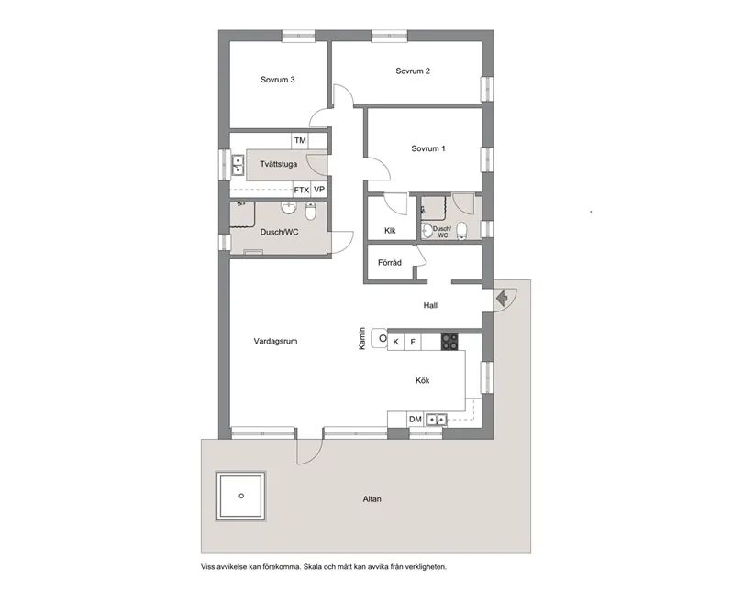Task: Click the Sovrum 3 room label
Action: (277, 80)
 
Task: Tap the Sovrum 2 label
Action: (413, 71)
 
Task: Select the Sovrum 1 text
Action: (428, 148)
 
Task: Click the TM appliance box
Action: (299, 140)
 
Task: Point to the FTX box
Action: (301, 190)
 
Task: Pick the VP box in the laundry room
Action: (319, 190)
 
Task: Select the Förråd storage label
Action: (390, 263)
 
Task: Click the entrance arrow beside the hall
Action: (502, 299)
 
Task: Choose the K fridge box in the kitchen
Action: (395, 342)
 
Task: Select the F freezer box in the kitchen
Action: (413, 342)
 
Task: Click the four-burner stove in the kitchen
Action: (450, 342)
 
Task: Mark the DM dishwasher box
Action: (415, 420)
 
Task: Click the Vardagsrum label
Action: (275, 341)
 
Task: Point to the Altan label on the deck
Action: (371, 499)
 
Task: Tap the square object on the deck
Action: (241, 496)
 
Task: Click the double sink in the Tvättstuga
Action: (237, 165)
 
